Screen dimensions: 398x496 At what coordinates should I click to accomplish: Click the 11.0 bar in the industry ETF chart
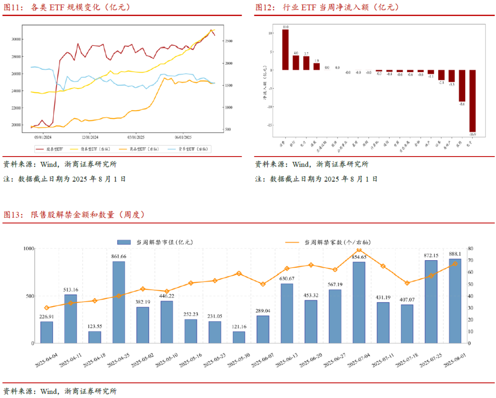[285, 50]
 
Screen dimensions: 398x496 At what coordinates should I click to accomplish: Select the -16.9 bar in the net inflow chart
[473, 101]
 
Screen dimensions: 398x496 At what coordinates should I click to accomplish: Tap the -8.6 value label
[462, 105]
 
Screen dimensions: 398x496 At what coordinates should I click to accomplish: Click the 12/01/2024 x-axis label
[90, 137]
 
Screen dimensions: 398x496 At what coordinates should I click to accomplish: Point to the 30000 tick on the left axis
[15, 39]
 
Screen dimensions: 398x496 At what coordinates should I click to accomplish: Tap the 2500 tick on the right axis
[228, 41]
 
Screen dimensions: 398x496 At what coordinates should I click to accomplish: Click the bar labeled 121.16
[239, 337]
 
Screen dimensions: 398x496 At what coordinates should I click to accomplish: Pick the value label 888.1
[455, 254]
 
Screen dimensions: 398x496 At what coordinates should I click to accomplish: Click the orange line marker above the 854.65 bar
[359, 250]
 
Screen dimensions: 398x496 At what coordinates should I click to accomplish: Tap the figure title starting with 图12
[327, 7]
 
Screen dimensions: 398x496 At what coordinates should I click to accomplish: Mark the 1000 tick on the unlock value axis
[28, 248]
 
